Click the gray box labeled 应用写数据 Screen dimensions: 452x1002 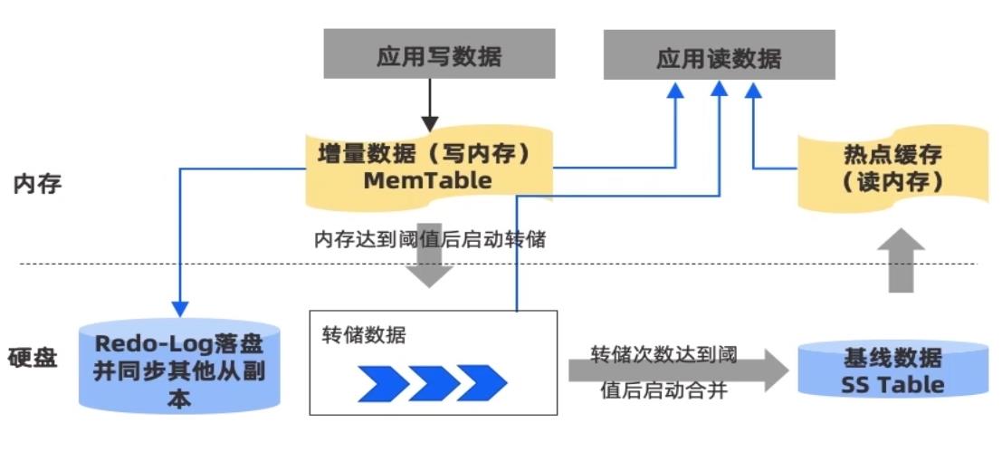439,55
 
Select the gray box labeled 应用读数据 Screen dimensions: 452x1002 719,59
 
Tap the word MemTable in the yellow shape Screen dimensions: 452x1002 427,180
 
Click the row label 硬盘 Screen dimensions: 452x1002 33,357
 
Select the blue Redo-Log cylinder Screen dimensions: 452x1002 180,367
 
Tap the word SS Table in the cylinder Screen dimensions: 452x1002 892,385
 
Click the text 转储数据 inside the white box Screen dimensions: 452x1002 364,335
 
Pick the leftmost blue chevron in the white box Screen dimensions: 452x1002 382,382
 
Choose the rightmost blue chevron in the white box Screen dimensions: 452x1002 482,382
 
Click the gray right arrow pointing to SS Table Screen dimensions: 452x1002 670,371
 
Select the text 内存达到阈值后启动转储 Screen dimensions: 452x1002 429,239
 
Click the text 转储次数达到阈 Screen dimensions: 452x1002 663,353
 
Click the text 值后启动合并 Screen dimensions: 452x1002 663,391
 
